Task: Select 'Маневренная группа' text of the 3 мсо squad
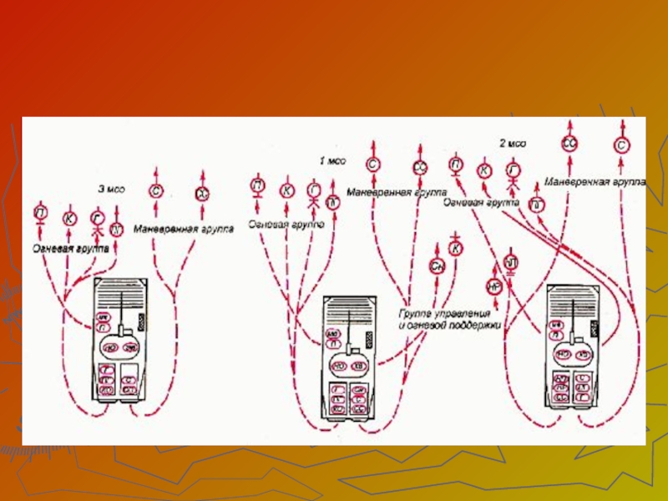pos(183,227)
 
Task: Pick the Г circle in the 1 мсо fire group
pos(313,190)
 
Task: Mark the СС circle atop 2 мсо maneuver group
pos(569,143)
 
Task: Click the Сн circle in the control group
pos(437,266)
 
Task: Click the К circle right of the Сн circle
pos(455,248)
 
